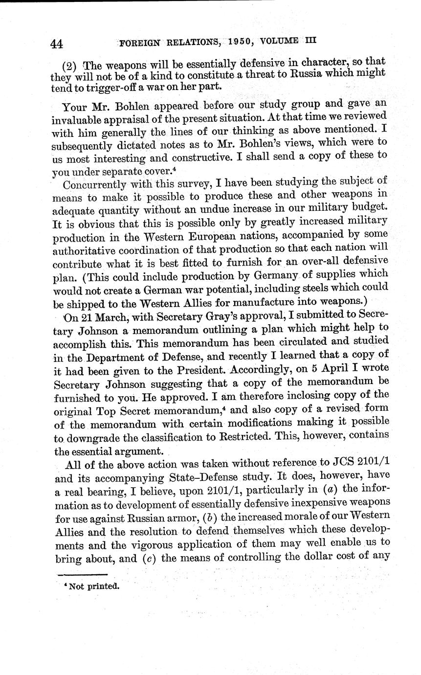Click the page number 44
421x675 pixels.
(x=56, y=44)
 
